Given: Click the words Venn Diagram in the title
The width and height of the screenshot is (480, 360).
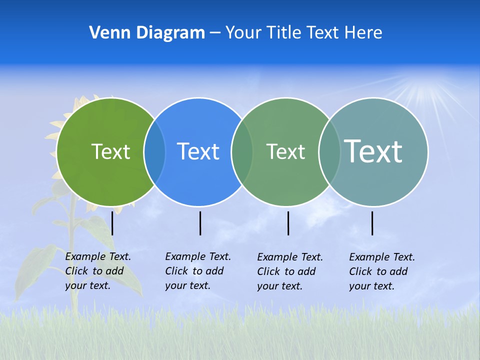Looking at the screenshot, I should coord(147,33).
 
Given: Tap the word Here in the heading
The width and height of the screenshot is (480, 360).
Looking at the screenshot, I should coord(363,33).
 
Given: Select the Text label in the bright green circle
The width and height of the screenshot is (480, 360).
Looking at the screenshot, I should coord(110,151).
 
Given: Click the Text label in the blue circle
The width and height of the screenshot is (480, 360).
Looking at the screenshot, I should coord(198,151).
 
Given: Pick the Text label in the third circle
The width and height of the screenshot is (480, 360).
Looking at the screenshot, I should coord(285,151).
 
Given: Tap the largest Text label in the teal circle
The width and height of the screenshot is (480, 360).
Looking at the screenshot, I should coord(373,151).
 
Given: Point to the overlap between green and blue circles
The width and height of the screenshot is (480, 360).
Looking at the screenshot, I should coord(154,151).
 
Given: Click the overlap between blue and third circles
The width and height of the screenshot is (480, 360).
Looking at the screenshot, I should coord(241,151).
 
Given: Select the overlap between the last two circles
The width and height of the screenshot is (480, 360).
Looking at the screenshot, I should coord(329,151).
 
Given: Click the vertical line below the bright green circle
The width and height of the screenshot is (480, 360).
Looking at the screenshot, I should coord(112,223).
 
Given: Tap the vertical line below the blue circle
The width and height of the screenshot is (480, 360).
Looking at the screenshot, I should coord(200,223).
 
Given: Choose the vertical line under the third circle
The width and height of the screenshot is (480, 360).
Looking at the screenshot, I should coord(288,223).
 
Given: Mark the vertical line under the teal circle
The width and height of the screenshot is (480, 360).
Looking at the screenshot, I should coord(372,223).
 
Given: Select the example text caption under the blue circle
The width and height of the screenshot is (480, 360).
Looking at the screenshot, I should coord(198,271).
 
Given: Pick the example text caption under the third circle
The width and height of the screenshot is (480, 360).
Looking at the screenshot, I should coord(290,271).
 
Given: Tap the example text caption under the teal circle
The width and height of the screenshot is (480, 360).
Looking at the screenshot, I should coord(382,271).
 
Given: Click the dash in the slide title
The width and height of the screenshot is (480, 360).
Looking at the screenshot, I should coord(215,33).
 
